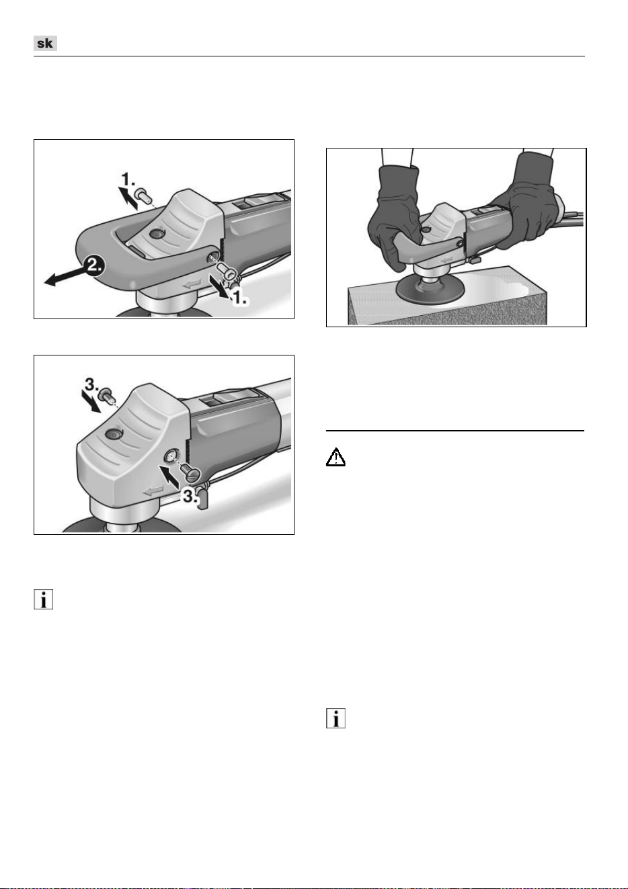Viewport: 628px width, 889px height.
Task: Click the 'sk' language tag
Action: pos(45,43)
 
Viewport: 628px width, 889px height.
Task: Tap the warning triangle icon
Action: pos(336,457)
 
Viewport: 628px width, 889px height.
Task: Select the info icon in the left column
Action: pos(43,599)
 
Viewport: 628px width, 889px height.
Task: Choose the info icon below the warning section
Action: pos(336,718)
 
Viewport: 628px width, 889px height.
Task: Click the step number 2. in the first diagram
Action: pos(93,265)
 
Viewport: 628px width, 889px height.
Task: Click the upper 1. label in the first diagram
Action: pos(128,179)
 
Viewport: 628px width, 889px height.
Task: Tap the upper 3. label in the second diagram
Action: pos(91,384)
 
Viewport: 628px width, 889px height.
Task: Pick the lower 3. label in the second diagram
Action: pos(190,495)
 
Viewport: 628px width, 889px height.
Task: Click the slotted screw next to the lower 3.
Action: pos(191,472)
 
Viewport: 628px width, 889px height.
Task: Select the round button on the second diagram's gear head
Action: pos(113,435)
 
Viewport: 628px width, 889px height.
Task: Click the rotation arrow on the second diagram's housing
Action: pos(153,491)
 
